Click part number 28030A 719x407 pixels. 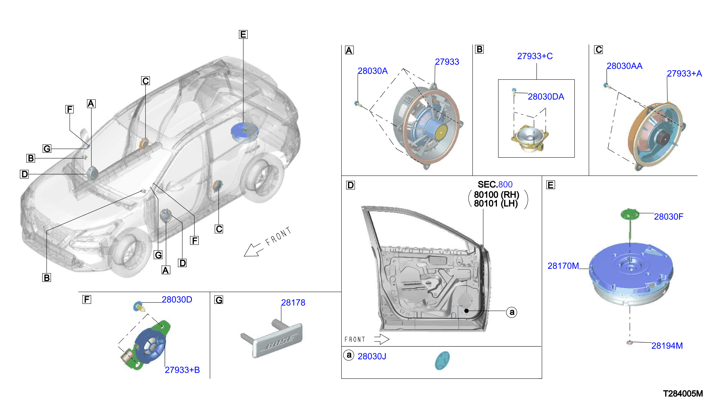click(x=373, y=71)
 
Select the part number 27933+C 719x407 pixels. click(x=535, y=56)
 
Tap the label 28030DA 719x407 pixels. click(x=546, y=97)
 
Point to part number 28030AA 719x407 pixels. click(x=625, y=66)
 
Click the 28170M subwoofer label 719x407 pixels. click(x=563, y=266)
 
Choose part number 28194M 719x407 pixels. click(x=667, y=346)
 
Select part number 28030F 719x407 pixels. click(x=669, y=217)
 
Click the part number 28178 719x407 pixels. click(x=293, y=303)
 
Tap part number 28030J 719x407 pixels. click(x=372, y=357)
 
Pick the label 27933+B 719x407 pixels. click(x=182, y=370)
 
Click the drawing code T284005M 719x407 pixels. click(x=683, y=394)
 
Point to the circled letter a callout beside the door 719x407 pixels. click(x=512, y=312)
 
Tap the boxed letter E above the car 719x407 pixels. click(x=243, y=35)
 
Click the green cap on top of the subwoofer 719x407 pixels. click(x=630, y=214)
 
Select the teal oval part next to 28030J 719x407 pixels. click(x=442, y=361)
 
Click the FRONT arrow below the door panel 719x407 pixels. click(x=382, y=339)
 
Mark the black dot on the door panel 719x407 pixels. click(x=466, y=311)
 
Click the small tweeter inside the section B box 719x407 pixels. click(x=529, y=139)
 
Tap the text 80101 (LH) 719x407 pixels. click(x=496, y=203)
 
